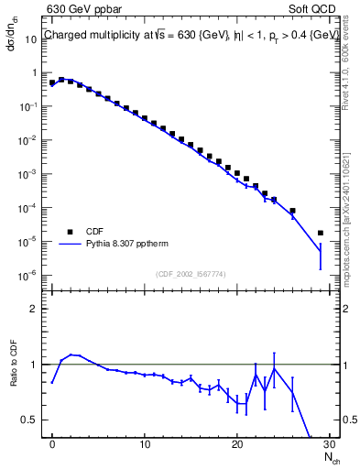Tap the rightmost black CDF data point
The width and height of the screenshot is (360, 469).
[320, 234]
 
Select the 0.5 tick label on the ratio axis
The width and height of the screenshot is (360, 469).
[32, 420]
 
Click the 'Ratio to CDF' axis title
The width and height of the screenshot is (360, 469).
[16, 376]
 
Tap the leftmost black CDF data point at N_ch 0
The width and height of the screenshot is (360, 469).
[52, 82]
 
